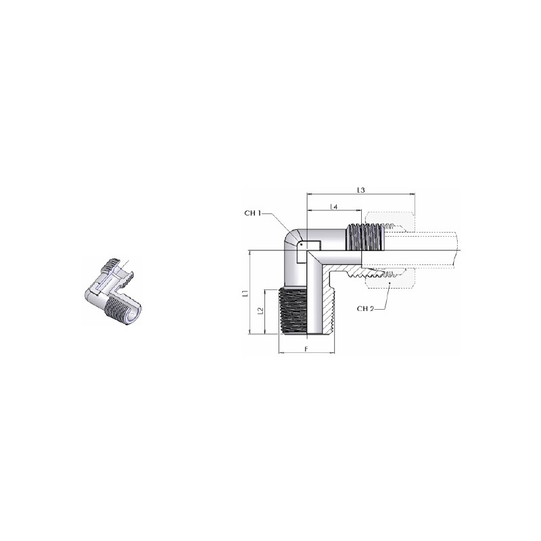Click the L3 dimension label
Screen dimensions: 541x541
(361, 190)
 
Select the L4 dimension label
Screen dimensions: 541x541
(333, 206)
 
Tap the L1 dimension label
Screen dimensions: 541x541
(245, 293)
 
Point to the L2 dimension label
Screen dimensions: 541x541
(261, 311)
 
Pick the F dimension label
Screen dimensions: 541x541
(306, 349)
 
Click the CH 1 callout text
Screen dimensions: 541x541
(252, 213)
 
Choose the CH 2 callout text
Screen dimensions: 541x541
(365, 309)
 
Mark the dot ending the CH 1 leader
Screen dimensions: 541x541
(301, 245)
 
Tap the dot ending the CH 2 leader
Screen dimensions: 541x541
(390, 283)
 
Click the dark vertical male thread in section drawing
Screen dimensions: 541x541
(292, 312)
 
